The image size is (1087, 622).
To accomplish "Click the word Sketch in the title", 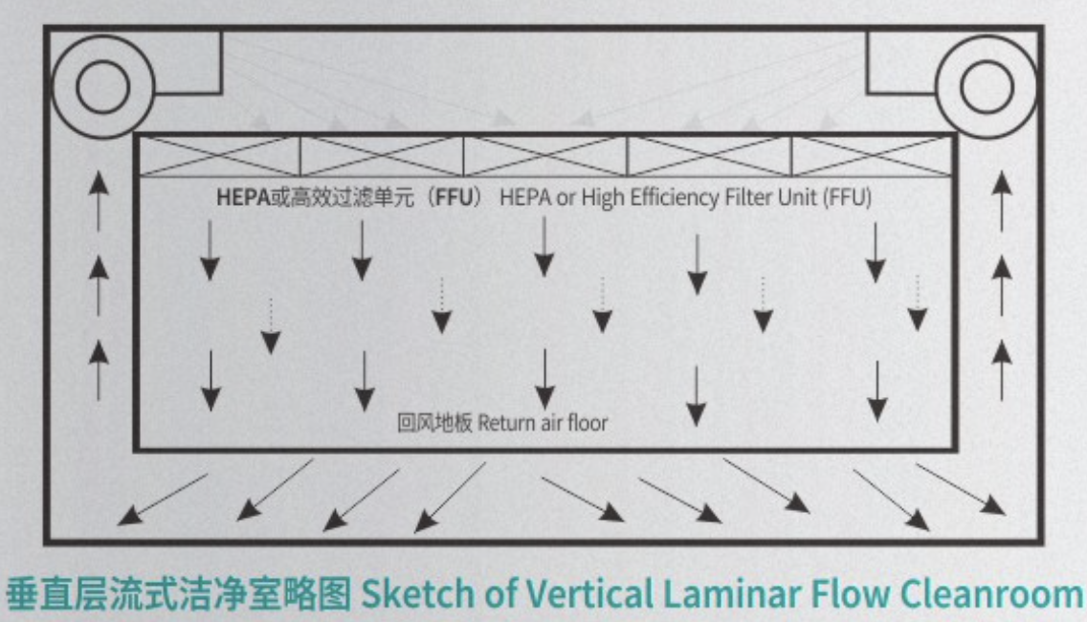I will [410, 594].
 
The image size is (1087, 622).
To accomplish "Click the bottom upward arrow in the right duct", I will [1002, 367].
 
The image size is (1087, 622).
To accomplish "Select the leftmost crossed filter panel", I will [220, 156].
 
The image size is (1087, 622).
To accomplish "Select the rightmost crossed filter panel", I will [873, 156].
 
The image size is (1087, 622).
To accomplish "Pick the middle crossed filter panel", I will [545, 156].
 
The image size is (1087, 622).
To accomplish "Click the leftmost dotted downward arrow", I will [271, 326].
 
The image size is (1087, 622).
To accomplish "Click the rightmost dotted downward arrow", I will [917, 303].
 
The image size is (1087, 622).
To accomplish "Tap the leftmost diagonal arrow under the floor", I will [162, 499].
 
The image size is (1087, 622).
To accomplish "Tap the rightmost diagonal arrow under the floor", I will [961, 489].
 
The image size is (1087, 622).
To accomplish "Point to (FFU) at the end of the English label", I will [846, 197].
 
